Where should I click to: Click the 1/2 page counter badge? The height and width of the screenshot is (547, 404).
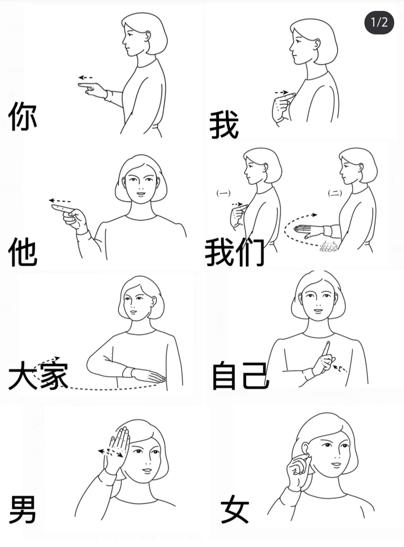point(379,22)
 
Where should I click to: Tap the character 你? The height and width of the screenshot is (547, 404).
point(22,116)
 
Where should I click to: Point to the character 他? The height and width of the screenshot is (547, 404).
point(22,252)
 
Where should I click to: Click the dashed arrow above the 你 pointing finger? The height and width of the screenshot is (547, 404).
point(85,78)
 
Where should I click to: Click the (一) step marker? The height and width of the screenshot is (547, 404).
point(224,193)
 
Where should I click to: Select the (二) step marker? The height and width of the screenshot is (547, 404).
point(335,193)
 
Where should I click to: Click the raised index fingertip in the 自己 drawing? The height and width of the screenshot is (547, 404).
point(328,344)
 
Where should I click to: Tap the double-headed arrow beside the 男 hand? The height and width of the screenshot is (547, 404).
point(110,452)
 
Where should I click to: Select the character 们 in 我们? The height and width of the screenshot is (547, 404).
point(250,252)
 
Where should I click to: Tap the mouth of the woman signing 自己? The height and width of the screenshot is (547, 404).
point(318,310)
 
